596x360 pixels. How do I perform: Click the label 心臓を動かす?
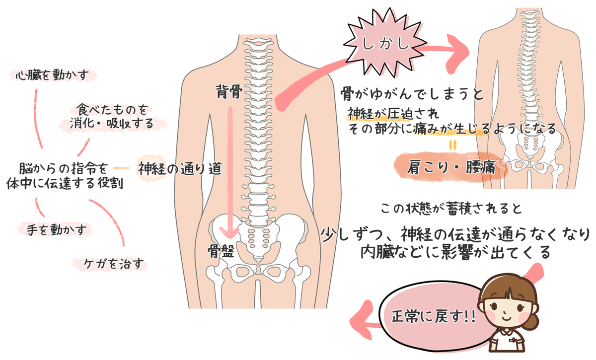(53, 75)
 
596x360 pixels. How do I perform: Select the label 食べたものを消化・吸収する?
(111, 116)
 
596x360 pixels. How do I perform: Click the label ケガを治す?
(110, 264)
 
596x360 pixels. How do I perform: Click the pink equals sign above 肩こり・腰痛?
(452, 145)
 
